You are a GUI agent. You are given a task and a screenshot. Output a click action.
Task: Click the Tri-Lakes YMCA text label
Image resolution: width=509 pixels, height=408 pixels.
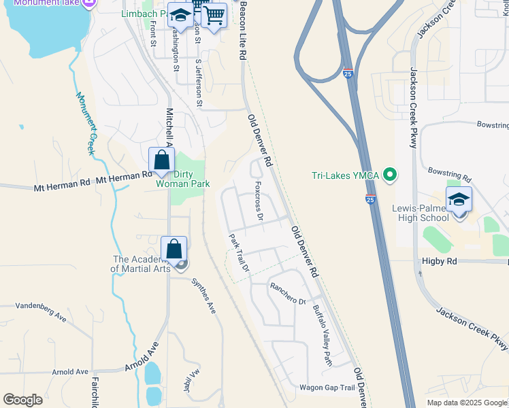point(345,175)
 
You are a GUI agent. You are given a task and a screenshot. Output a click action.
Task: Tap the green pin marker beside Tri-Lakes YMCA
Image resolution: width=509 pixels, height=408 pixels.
point(390,175)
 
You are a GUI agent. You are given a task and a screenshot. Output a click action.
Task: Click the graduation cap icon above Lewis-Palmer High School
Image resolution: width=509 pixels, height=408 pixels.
point(459,200)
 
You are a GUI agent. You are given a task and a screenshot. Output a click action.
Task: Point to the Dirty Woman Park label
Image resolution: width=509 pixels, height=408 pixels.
point(182,179)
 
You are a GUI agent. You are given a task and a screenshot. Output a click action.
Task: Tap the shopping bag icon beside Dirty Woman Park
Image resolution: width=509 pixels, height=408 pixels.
point(162,160)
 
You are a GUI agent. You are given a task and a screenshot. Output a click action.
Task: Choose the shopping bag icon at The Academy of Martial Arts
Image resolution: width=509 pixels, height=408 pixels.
point(174,250)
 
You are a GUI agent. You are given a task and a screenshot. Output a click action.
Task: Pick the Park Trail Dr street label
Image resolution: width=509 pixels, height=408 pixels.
point(240,254)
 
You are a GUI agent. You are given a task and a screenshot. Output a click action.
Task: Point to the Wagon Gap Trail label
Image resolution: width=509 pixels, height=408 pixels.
point(328,388)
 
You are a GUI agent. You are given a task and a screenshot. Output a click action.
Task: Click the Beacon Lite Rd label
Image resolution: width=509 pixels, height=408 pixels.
point(242,31)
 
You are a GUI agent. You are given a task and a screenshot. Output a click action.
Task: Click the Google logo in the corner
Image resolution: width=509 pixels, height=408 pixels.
point(22,400)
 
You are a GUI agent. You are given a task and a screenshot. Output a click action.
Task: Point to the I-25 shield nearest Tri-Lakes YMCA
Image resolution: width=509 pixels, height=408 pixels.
point(370,199)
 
